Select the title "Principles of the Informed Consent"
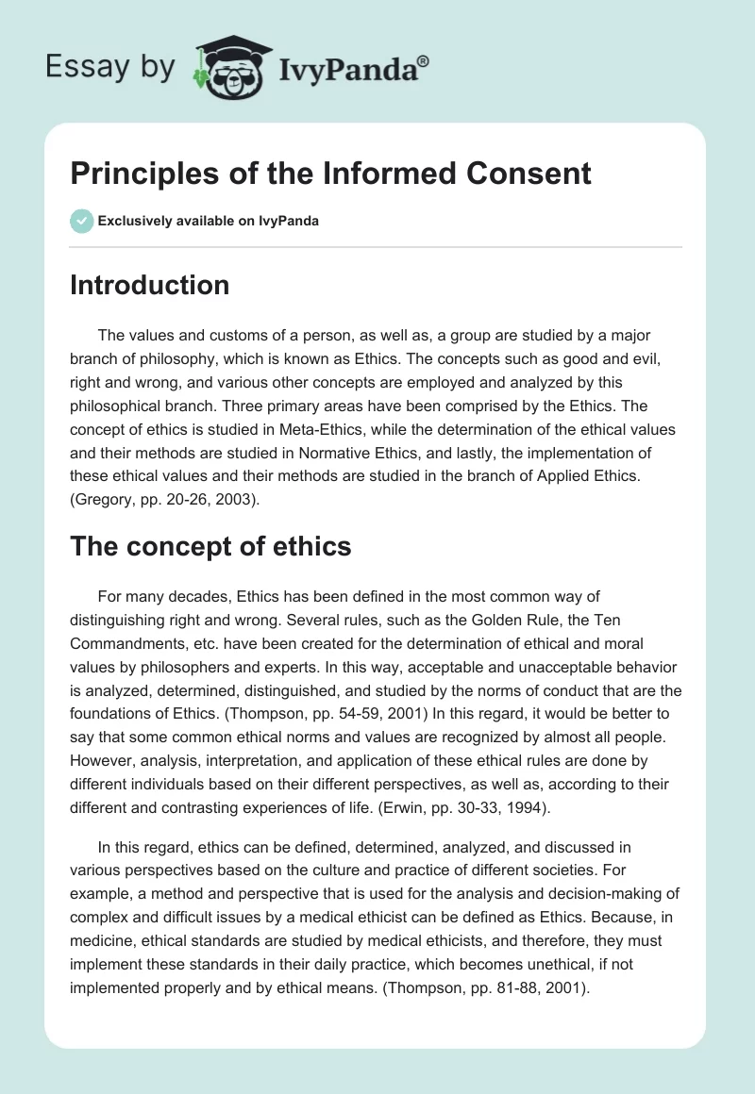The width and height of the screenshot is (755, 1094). [330, 174]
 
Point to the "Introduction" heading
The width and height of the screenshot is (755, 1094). [149, 285]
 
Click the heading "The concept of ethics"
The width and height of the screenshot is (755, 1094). [210, 545]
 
